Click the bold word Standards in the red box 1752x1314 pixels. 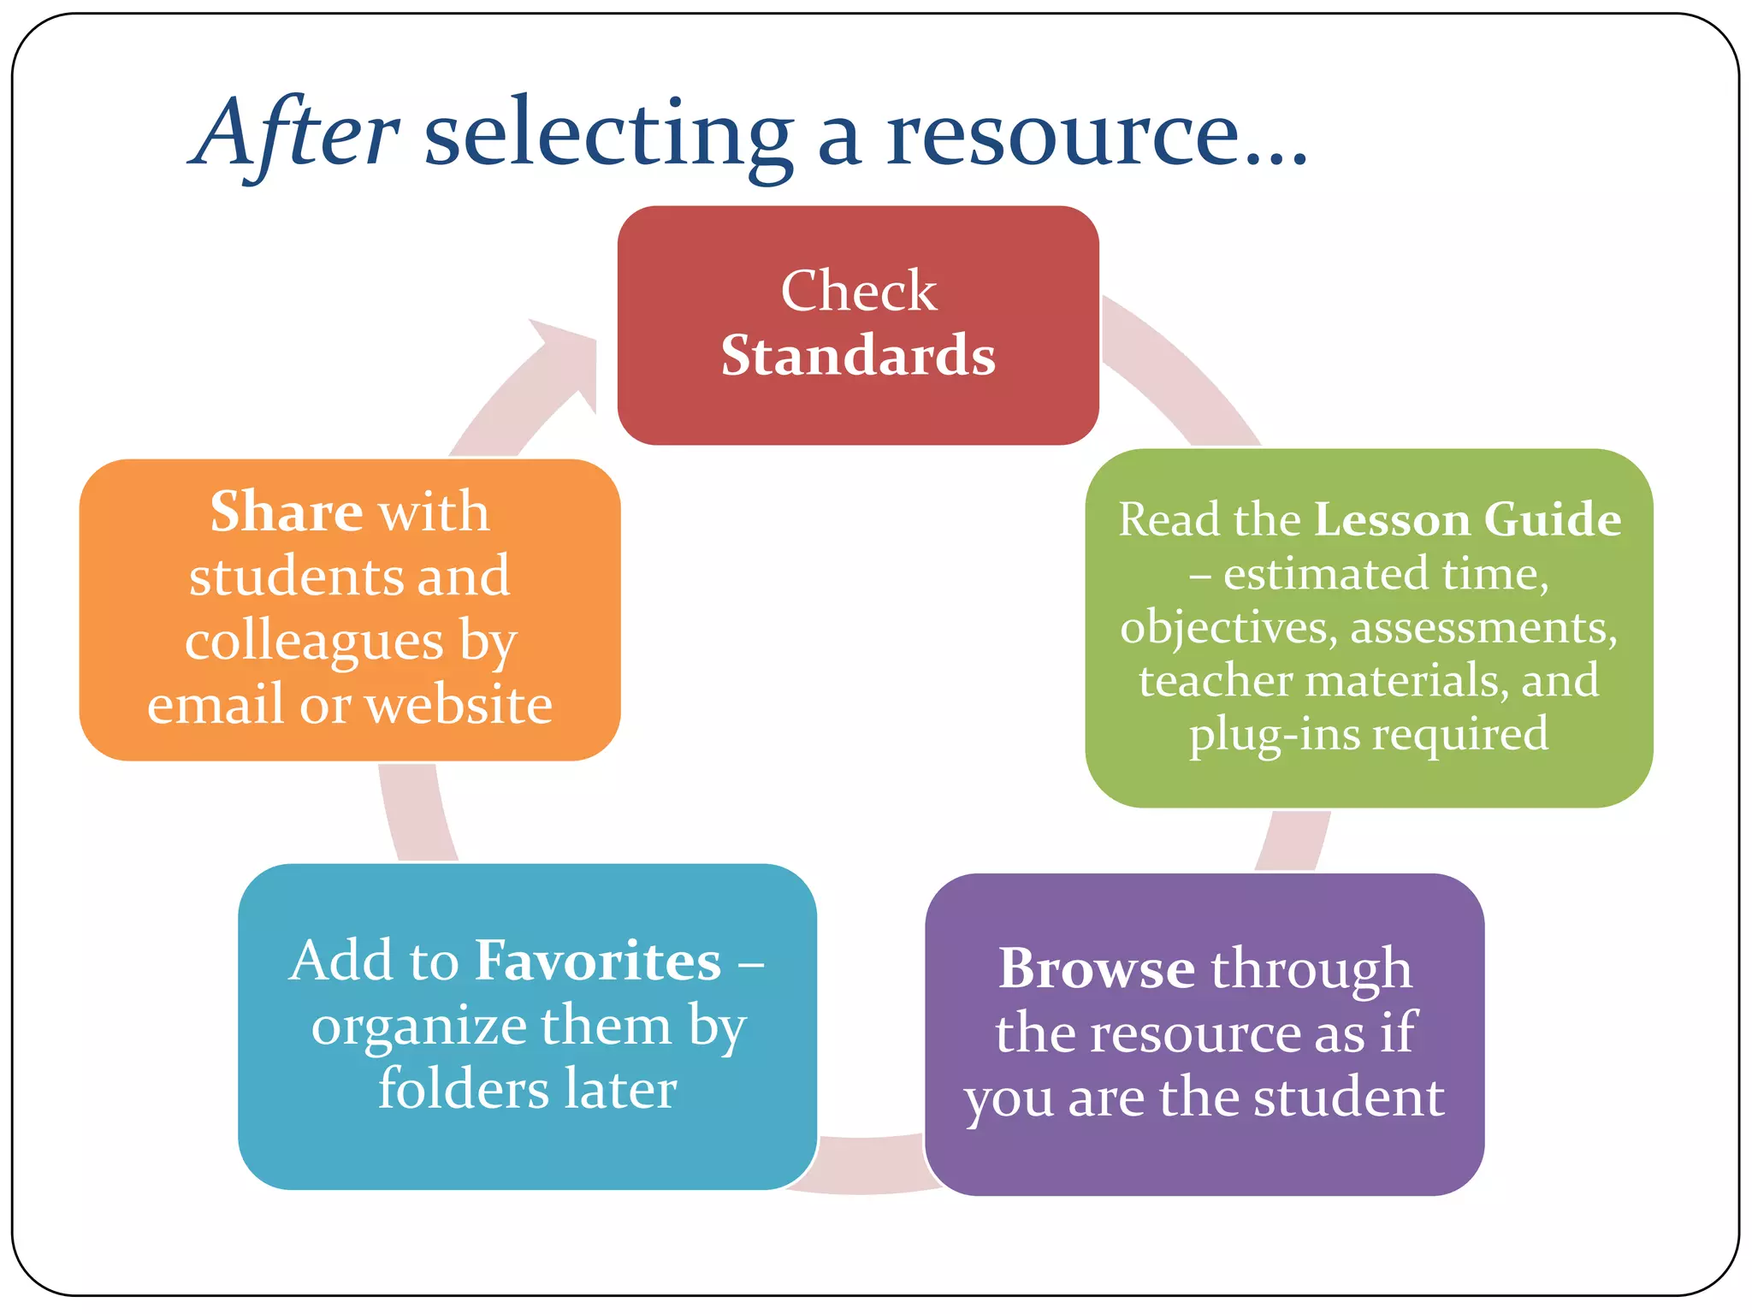tap(858, 355)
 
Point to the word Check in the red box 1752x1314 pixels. tap(858, 291)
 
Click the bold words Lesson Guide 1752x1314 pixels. tap(1467, 519)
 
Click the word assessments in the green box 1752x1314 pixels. tap(1483, 627)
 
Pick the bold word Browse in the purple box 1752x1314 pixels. tap(1097, 969)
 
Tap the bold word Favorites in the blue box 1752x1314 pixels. tap(598, 961)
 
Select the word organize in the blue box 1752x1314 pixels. tap(405, 1027)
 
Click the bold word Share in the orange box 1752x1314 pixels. tap(287, 512)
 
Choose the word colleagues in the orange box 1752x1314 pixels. tap(314, 642)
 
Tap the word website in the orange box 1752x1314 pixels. tap(459, 705)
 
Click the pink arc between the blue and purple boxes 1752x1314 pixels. tap(868, 1163)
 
